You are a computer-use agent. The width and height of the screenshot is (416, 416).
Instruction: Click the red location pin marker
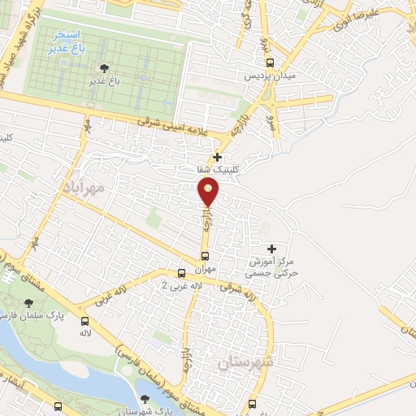pos(210,192)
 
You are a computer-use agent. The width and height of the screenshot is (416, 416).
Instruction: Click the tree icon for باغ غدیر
pos(102,67)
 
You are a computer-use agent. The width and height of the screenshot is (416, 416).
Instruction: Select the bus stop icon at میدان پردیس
pos(271,62)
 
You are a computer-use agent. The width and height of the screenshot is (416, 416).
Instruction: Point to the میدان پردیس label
pos(267,76)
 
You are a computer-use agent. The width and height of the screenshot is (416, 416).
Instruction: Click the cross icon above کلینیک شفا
pos(217,157)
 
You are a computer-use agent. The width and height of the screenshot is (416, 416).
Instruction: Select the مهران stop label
pos(205,267)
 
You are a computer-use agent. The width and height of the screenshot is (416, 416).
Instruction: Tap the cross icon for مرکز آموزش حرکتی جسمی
pos(271,248)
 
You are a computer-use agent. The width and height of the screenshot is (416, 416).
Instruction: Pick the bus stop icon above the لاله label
pos(84,320)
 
